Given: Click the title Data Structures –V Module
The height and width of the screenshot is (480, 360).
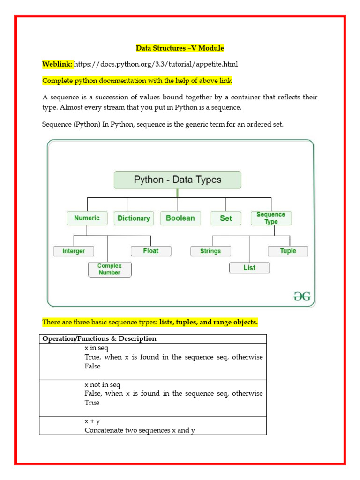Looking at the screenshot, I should tap(180, 48).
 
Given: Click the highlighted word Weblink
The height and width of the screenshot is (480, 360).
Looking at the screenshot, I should tap(57, 64).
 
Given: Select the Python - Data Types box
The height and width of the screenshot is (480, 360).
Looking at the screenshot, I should tap(178, 180).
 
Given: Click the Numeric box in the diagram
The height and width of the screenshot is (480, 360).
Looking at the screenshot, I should tap(87, 218).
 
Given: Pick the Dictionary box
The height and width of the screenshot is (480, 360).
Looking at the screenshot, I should tap(134, 218).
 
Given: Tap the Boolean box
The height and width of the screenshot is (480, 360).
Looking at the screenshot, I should tap(180, 218).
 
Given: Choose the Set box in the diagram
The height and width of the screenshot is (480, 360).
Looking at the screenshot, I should tap(226, 218).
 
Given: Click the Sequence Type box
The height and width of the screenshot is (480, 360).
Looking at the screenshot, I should tap(271, 218).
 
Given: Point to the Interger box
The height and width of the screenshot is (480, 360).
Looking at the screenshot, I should tap(74, 251).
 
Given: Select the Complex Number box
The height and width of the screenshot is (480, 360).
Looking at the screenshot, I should tap(110, 269).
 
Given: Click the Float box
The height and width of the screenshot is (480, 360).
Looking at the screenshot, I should tap(151, 251).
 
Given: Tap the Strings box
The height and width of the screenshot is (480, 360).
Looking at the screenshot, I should tap(210, 251).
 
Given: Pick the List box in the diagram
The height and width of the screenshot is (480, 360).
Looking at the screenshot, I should tap(249, 268).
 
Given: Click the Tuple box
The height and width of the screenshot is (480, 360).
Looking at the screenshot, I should tap(288, 251).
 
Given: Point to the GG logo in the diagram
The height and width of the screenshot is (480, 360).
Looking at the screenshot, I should tap(302, 297).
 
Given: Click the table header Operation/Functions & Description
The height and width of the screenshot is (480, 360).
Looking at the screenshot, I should tap(99, 338).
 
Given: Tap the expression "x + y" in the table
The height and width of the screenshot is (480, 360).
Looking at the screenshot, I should tap(92, 421).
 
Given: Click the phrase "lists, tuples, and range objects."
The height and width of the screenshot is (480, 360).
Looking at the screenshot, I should tap(209, 322).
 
